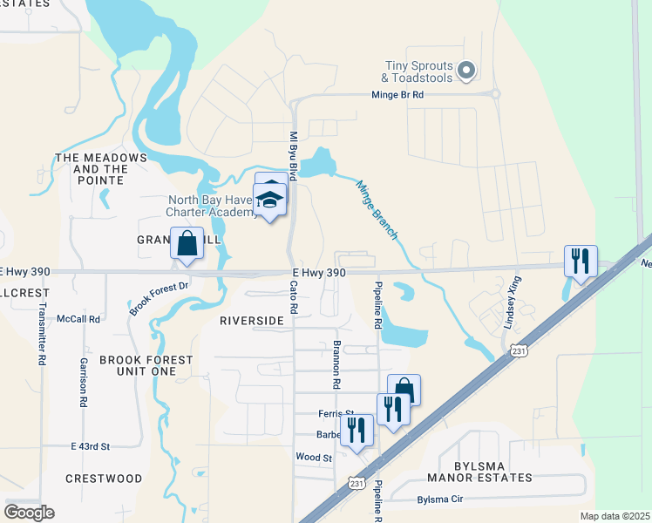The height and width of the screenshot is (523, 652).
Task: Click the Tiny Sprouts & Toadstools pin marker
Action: pyautogui.click(x=465, y=71)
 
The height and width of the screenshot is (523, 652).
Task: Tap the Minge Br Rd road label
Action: pyautogui.click(x=397, y=94)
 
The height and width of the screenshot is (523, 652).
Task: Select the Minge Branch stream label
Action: pyautogui.click(x=377, y=209)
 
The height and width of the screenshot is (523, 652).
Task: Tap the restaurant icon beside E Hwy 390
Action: pyautogui.click(x=581, y=261)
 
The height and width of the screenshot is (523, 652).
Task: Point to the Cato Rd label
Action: pyautogui.click(x=294, y=298)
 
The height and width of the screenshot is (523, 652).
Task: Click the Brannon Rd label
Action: pyautogui.click(x=336, y=364)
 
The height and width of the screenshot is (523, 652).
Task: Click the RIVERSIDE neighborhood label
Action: pyautogui.click(x=252, y=321)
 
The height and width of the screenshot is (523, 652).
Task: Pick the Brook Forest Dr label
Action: pyautogui.click(x=160, y=297)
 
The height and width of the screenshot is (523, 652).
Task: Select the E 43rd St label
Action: pyautogui.click(x=90, y=446)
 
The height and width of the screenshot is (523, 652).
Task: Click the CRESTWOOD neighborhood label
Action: pyautogui.click(x=104, y=479)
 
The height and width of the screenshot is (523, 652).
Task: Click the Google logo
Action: pyautogui.click(x=29, y=512)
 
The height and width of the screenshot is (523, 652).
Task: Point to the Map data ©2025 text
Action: pyautogui.click(x=615, y=516)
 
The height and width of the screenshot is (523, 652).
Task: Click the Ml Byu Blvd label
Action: pyautogui.click(x=294, y=157)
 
